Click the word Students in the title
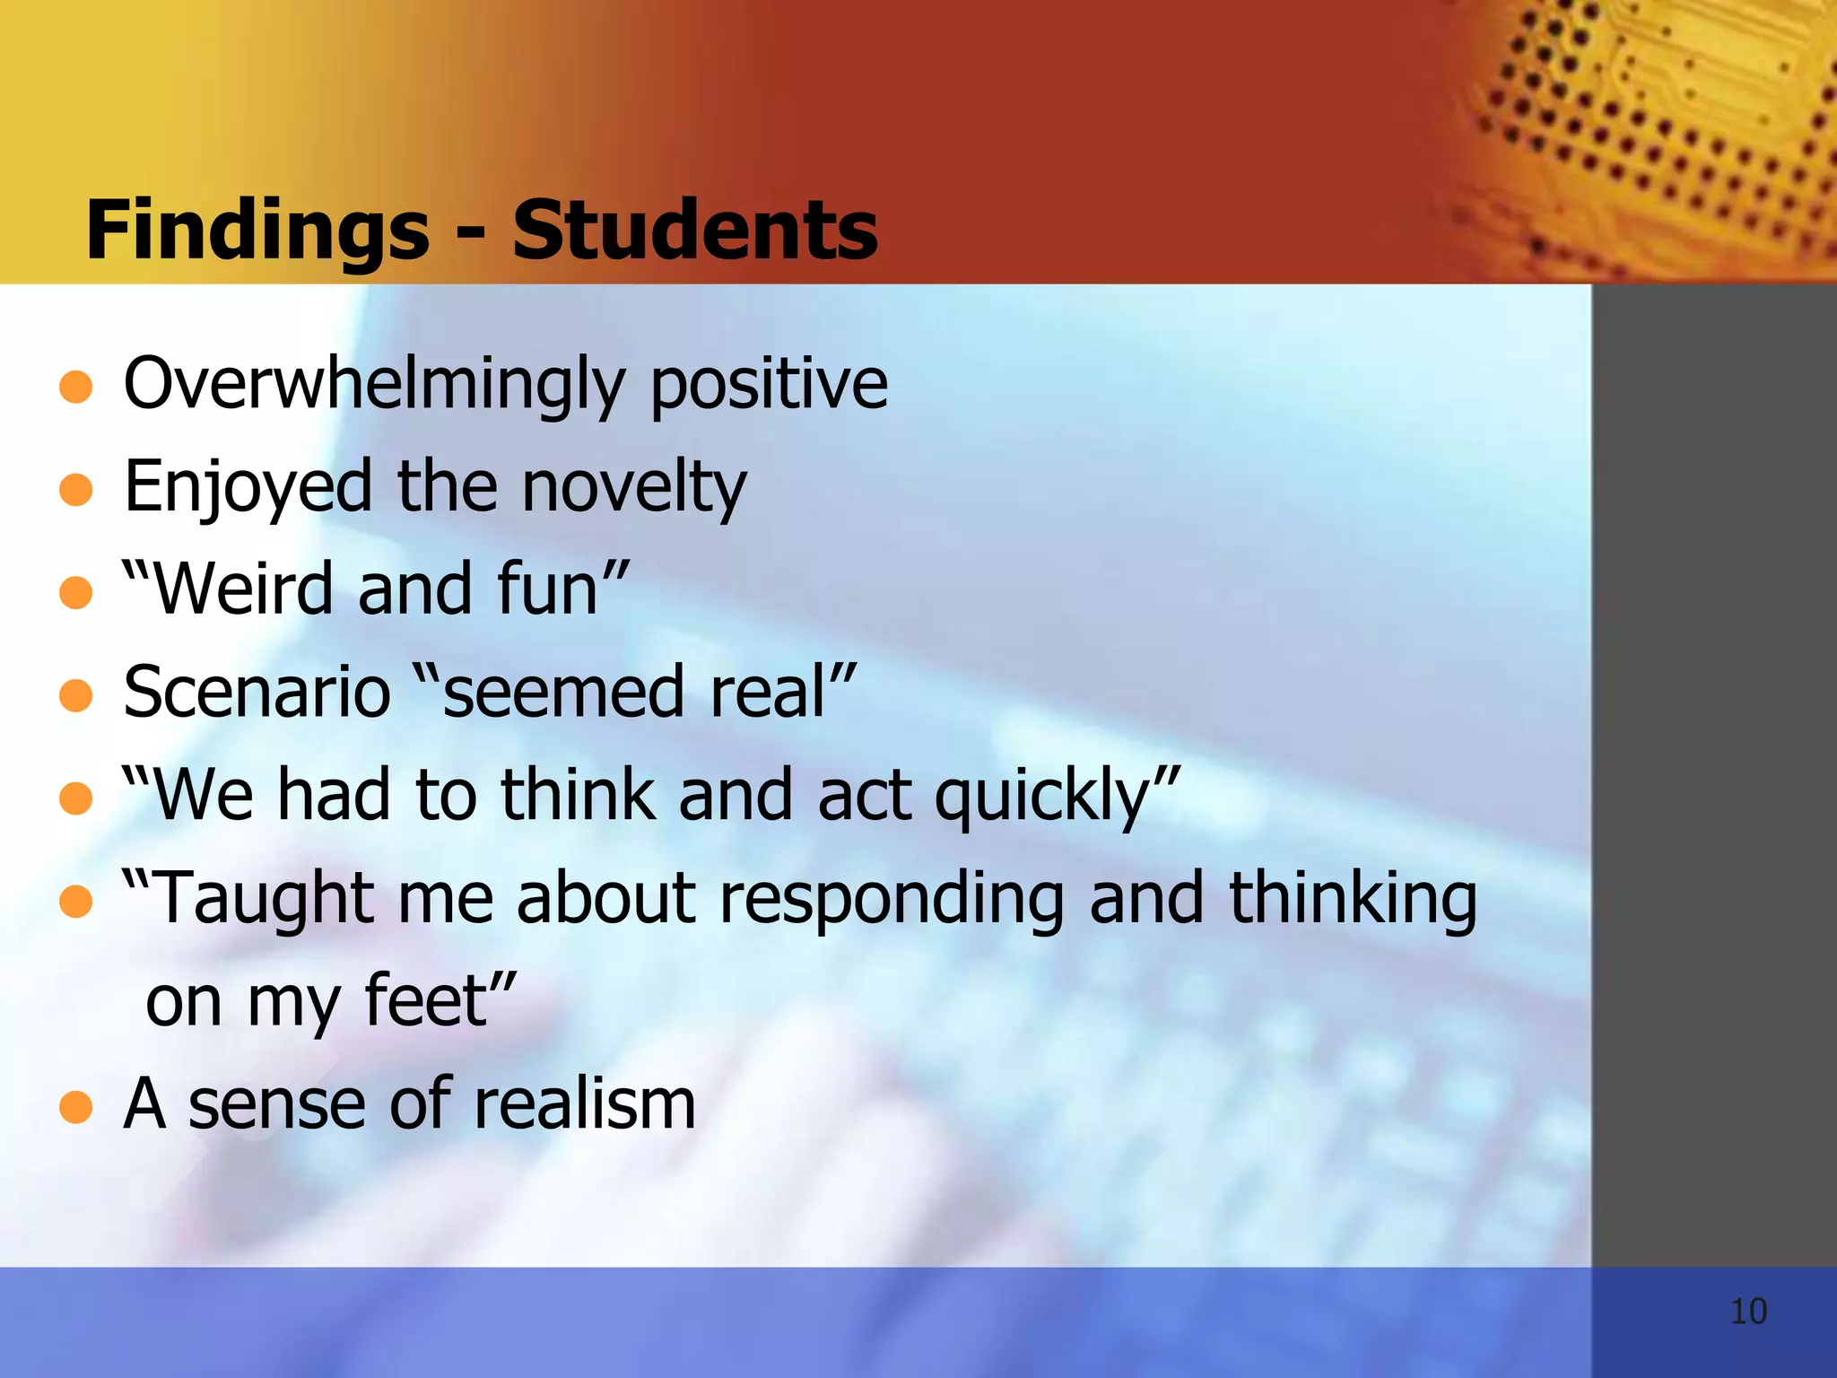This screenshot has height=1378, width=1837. pos(695,230)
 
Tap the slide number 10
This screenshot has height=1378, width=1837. pos(1748,1312)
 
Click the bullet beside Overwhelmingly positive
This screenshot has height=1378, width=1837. pos(76,388)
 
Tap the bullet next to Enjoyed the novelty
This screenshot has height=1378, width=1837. pos(76,490)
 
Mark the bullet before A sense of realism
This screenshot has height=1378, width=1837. pos(76,1107)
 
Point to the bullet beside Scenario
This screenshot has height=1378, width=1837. pos(76,695)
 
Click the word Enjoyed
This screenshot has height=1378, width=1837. pos(248,488)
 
